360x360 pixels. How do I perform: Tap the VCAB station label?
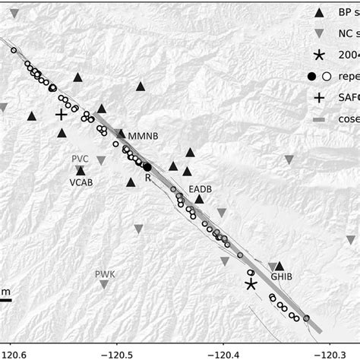coord(82,183)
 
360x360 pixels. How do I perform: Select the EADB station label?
coord(200,188)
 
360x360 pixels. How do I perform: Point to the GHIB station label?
coord(279,278)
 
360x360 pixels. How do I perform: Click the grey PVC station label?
coord(81,158)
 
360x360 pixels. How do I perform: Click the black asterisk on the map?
coord(251,284)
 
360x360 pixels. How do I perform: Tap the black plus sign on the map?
coord(62,115)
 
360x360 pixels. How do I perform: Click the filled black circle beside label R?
coord(148,167)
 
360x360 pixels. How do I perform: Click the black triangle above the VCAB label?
coord(81,171)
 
